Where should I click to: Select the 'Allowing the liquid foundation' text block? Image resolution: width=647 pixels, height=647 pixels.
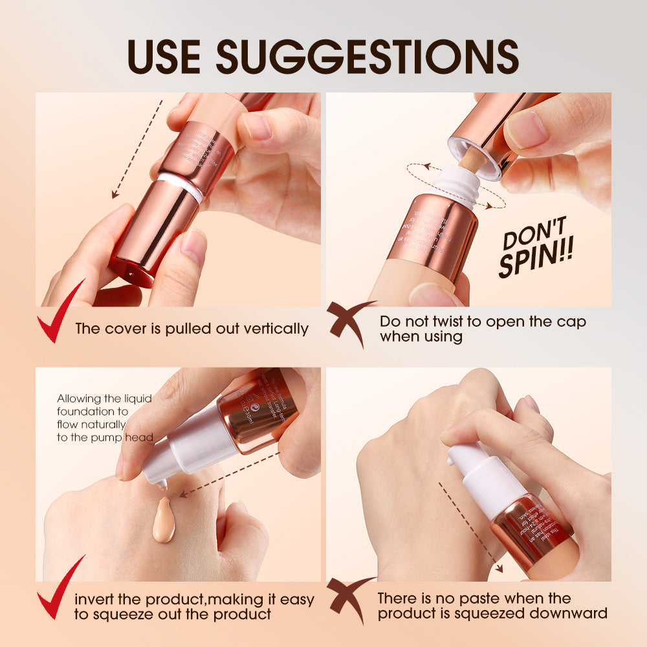(104, 418)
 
